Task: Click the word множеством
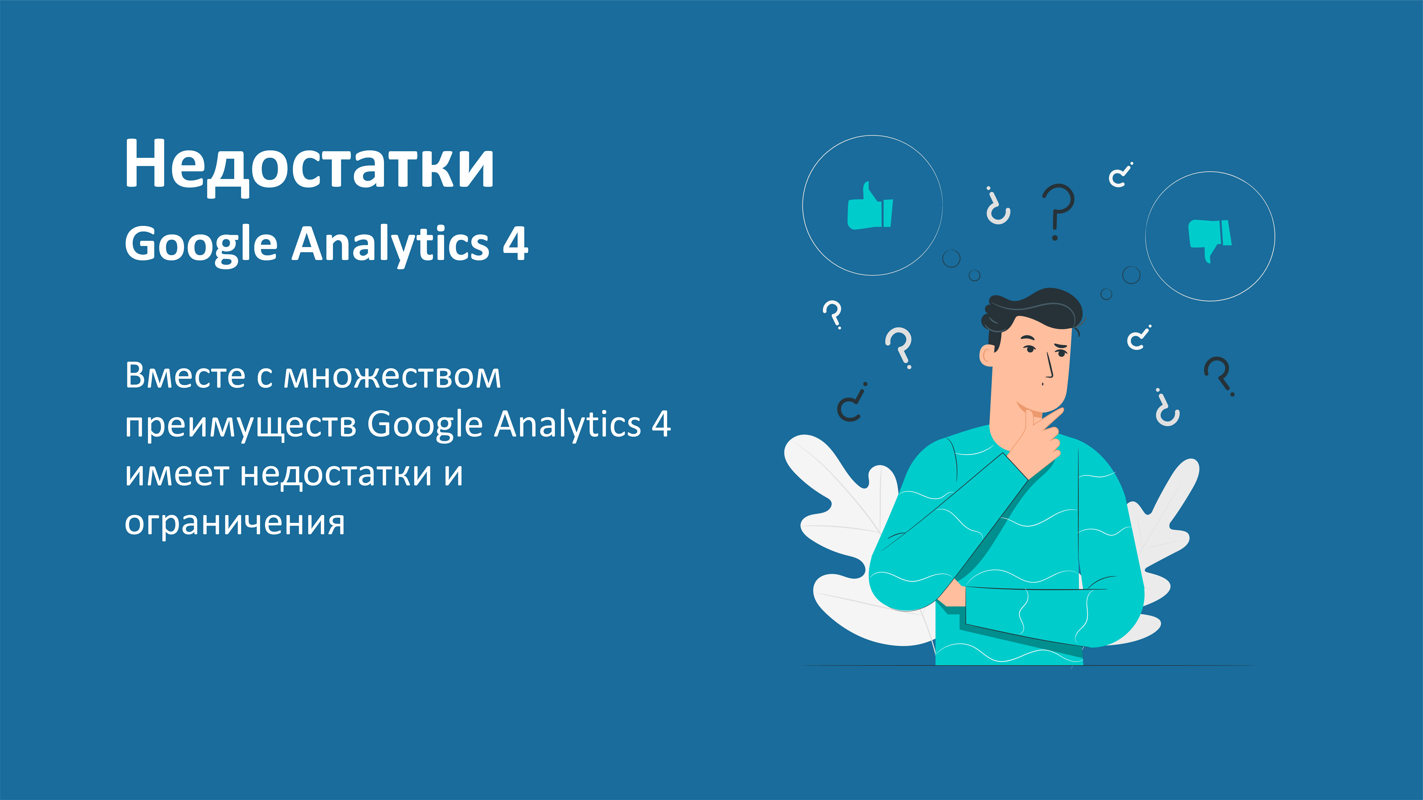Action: click(x=392, y=376)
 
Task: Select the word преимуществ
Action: click(x=240, y=425)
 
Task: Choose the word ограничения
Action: click(x=235, y=523)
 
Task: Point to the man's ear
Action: click(x=987, y=355)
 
